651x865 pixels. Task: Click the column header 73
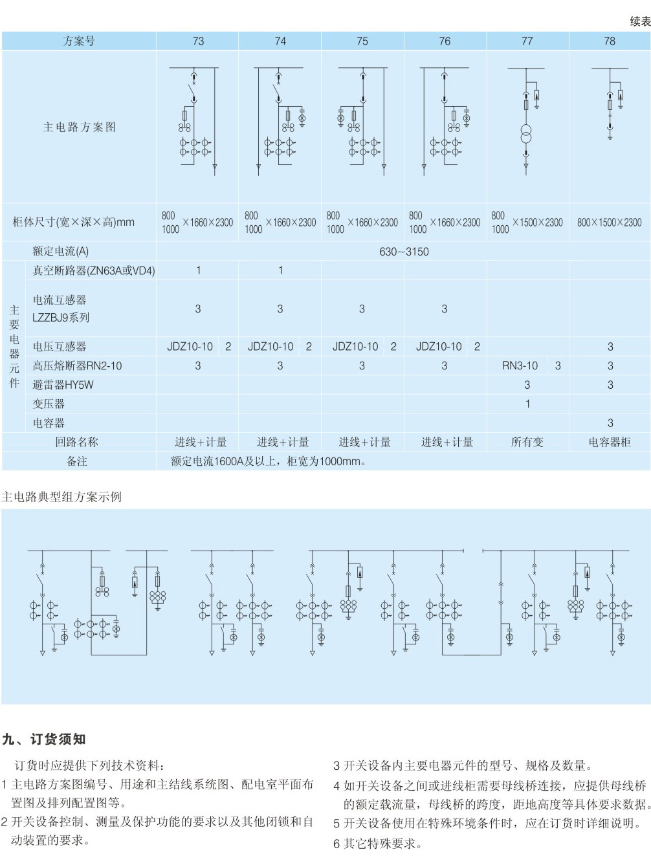(198, 41)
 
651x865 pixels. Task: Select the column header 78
(609, 41)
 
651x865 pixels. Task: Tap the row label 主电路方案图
(79, 127)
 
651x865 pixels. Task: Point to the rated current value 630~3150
(404, 252)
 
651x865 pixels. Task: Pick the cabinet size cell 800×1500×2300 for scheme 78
(609, 223)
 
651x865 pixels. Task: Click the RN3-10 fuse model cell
(520, 366)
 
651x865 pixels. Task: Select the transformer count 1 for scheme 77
(527, 404)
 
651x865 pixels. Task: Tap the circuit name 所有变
(527, 442)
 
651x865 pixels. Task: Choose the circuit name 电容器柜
(609, 442)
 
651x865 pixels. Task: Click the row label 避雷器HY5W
(63, 385)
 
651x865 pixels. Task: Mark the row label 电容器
(49, 423)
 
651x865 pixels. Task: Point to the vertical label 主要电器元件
(14, 347)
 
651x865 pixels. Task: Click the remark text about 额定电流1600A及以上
(269, 461)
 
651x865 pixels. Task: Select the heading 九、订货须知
(43, 739)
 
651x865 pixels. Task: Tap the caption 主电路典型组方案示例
(61, 497)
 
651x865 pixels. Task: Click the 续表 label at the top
(639, 21)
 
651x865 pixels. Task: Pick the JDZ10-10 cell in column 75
(355, 347)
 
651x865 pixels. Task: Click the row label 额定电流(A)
(60, 252)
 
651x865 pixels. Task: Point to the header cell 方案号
(79, 41)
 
